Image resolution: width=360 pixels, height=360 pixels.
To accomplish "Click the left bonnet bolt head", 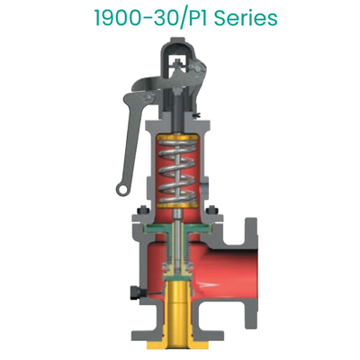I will click(x=143, y=215).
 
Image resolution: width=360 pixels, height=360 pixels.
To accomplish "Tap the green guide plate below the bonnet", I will click(x=180, y=230).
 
